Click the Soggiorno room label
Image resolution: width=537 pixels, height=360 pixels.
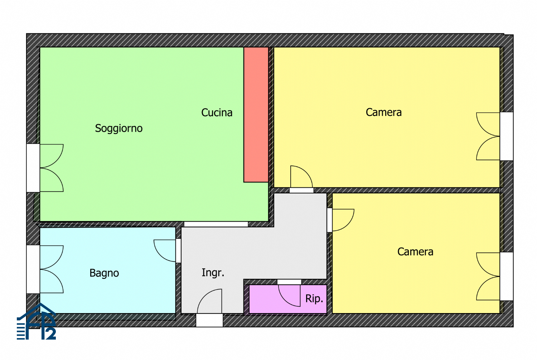coord(118,128)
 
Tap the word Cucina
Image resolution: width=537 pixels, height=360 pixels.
coord(217,112)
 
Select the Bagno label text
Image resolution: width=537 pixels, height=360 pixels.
coord(104,273)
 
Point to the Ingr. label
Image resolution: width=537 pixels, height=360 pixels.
coord(213,273)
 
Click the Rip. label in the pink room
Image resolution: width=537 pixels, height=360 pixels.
coord(314,299)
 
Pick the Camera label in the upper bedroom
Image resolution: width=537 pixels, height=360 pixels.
coord(383,112)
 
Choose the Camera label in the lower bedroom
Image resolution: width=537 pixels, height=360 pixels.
coord(415,251)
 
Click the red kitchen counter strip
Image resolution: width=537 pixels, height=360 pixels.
coord(256,115)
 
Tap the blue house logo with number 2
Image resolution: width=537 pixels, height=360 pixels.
coord(37,321)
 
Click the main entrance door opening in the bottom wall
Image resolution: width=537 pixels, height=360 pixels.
coord(209,320)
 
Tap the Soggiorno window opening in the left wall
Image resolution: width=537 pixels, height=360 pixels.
coord(33,168)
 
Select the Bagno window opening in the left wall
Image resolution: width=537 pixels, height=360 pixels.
coord(33,269)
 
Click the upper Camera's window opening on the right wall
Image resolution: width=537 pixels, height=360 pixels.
coord(507,136)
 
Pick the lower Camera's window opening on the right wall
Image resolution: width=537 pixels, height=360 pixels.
coord(507,276)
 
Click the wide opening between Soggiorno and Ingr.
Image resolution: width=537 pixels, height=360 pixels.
coord(216,224)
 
